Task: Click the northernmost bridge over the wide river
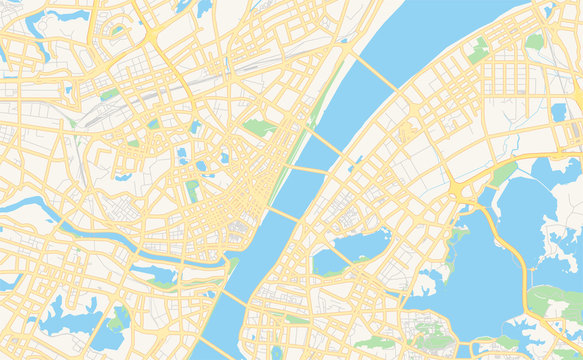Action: click(x=375, y=69)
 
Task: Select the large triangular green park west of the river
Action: click(x=259, y=128)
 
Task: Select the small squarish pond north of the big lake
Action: click(x=558, y=112)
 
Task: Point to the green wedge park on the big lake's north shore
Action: click(x=503, y=174)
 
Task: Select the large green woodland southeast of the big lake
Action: click(x=557, y=301)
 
